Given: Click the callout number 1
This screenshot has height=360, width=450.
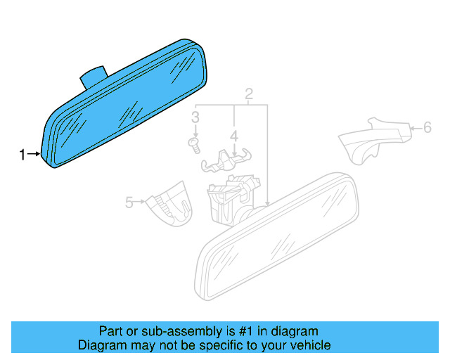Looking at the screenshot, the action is coord(22,155).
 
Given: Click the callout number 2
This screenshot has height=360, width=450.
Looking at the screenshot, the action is coord(249,94).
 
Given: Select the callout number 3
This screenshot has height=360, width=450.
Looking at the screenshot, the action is coord(195,117).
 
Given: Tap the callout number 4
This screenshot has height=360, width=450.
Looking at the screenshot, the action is coord(234,136).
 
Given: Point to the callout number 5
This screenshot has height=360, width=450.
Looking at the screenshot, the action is coord(129,202).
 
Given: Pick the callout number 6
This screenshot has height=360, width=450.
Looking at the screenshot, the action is coord(427,127).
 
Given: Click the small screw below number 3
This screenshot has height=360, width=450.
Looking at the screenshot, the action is coord(194,146).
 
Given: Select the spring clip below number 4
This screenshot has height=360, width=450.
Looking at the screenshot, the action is coord(226,161).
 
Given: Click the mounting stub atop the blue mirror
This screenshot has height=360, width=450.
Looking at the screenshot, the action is coord(94,77).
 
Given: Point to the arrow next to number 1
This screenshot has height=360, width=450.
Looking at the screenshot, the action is coord(34,154).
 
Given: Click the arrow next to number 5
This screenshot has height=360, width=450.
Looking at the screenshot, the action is coord(140,202).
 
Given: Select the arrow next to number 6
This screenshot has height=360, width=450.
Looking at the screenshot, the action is coord(416,128).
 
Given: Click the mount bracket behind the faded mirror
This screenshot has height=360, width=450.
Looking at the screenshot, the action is coord(233,200).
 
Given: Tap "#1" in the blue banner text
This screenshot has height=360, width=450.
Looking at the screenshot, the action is coord(246,331).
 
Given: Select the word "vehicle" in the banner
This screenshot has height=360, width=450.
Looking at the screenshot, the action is coord(312,345).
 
